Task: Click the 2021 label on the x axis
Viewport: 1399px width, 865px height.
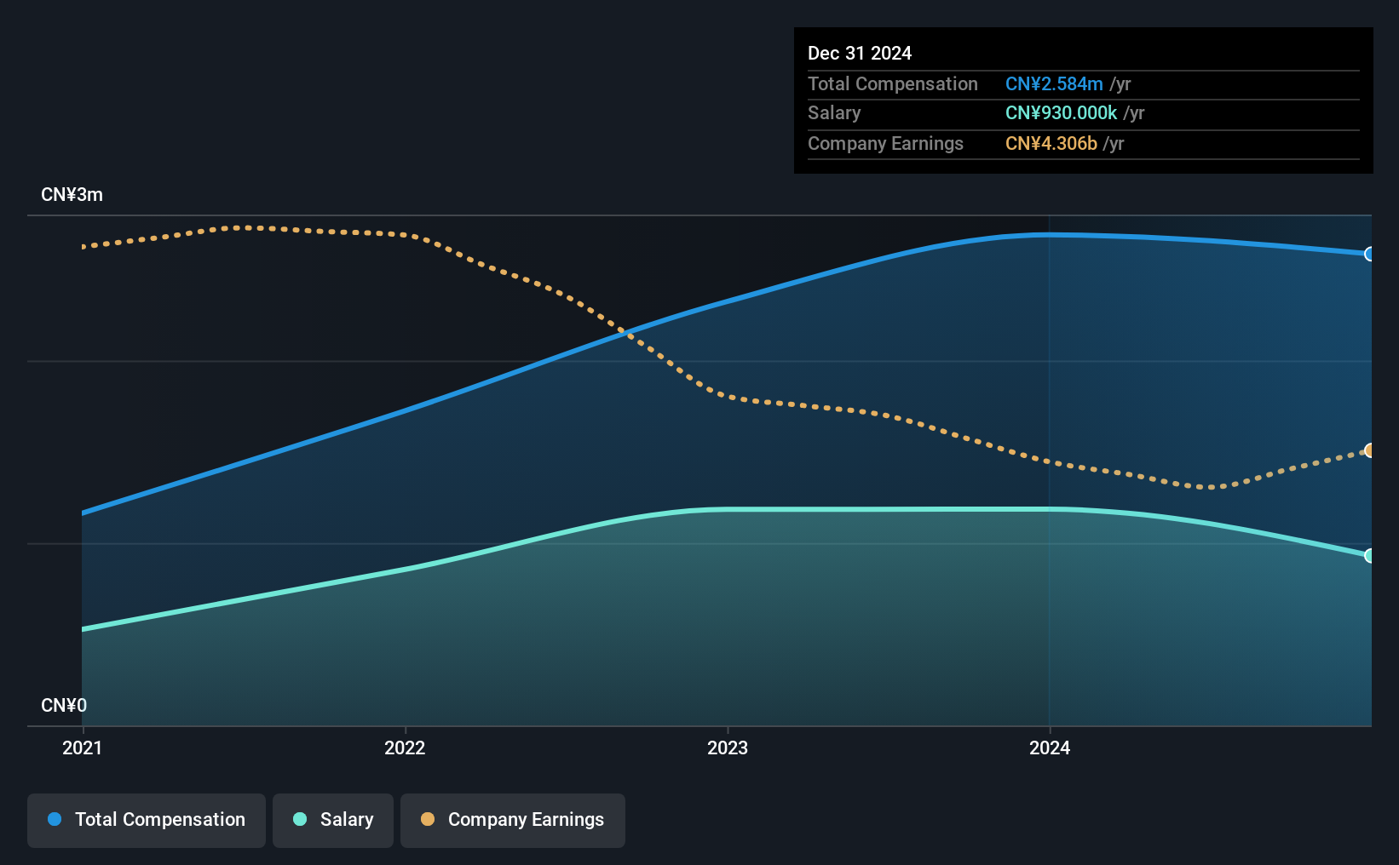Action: [83, 748]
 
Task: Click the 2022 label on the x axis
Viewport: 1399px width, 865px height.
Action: [405, 748]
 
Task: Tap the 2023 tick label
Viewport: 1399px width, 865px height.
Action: [728, 748]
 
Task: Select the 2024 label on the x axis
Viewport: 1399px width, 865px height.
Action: [1050, 748]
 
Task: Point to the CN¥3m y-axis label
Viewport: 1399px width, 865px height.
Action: [72, 195]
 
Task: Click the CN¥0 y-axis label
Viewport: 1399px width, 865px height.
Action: [64, 705]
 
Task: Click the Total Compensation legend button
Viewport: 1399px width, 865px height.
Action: [147, 820]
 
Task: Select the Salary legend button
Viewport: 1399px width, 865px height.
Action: [333, 820]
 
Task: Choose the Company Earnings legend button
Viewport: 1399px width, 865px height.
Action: [513, 820]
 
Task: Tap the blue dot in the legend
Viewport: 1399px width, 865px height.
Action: [55, 819]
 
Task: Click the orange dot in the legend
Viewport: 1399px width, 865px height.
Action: [428, 819]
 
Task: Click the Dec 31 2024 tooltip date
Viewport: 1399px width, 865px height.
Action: [860, 53]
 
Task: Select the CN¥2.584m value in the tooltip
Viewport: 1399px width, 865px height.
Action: [1054, 83]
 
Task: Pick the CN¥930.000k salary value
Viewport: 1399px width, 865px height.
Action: [1061, 113]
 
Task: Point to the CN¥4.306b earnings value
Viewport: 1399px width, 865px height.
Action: [1051, 144]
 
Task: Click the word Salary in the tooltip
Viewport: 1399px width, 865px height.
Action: [834, 113]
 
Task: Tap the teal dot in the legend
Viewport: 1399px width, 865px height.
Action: [301, 819]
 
